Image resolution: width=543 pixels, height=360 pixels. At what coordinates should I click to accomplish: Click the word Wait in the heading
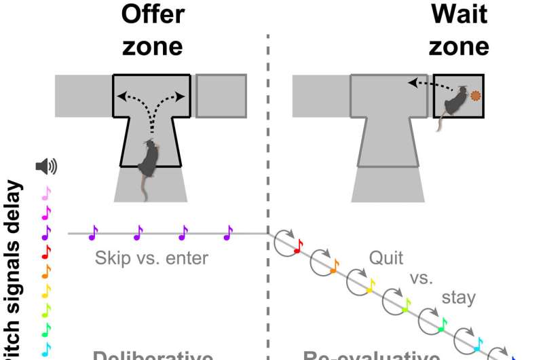click(459, 14)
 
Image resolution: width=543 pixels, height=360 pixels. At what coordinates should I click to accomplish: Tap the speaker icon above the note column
click(46, 165)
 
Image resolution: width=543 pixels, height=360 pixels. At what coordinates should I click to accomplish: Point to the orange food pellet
click(477, 97)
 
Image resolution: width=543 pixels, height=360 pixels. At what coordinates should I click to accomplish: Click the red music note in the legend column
click(46, 252)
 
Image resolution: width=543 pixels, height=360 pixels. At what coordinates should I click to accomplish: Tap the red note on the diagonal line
click(297, 248)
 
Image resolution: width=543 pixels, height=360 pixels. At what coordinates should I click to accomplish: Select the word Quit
click(386, 258)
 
